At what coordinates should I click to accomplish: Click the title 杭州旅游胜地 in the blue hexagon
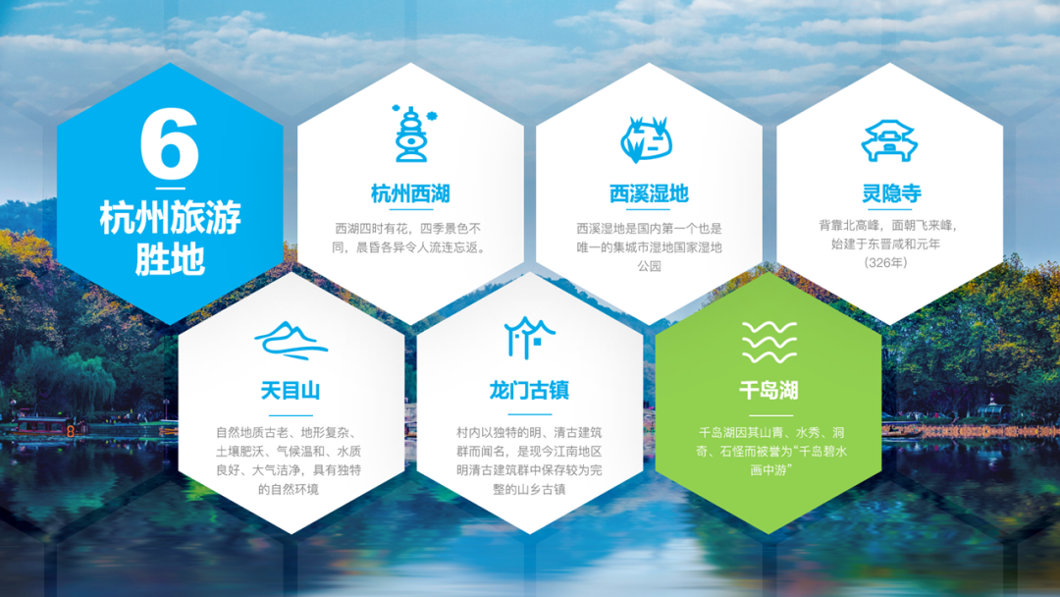[171, 238]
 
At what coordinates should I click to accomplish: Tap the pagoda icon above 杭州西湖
[411, 134]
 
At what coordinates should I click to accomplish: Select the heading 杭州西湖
[410, 194]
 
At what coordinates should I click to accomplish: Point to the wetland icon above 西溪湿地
[646, 139]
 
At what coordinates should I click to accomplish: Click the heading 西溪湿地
[649, 194]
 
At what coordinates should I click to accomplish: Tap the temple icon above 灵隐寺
[889, 140]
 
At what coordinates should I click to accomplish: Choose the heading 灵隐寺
[891, 193]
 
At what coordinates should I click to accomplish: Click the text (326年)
[885, 263]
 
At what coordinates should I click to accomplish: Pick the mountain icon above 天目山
[291, 340]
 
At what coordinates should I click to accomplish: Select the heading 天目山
[290, 391]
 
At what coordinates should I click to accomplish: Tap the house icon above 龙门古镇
[529, 338]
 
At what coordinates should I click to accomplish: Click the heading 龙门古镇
[529, 391]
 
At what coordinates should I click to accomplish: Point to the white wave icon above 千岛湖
[769, 342]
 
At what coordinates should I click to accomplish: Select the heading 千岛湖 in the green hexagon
[768, 391]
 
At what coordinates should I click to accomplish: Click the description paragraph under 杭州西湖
[410, 238]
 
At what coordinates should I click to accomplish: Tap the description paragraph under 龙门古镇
[529, 461]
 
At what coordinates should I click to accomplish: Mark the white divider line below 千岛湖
[770, 415]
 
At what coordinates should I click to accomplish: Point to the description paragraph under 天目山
[289, 461]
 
